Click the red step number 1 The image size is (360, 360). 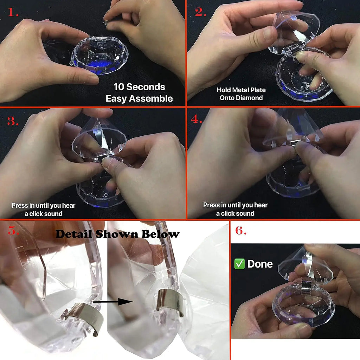tap(13, 12)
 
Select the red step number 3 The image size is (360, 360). tap(13, 121)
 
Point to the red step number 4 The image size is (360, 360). tap(196, 119)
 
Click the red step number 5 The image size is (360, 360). tap(13, 230)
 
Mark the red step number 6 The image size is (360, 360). tap(241, 230)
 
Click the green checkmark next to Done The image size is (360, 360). tap(239, 264)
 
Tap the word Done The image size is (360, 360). tap(260, 264)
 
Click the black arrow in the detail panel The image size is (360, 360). tap(113, 302)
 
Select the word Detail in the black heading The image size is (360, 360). tap(74, 234)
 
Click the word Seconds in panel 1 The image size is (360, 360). tap(146, 87)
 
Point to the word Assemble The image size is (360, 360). tap(150, 98)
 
